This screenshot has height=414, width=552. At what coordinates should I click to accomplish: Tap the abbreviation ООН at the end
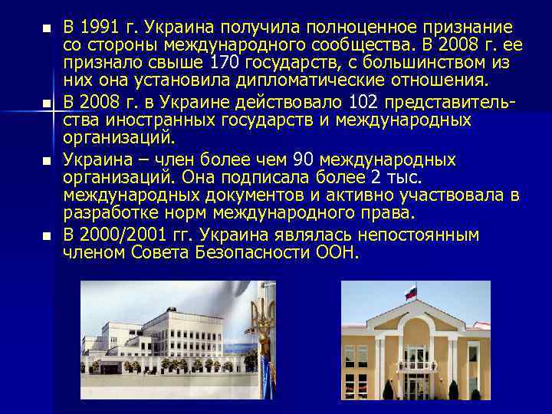point(337,252)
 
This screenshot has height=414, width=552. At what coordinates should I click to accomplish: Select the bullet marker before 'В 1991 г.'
point(47,29)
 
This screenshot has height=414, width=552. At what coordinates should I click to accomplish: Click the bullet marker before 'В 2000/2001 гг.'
point(47,235)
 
